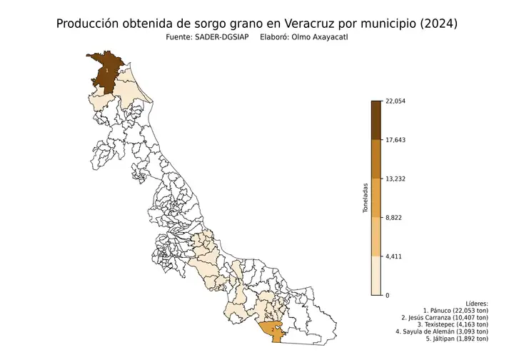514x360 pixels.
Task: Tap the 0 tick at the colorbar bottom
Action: (x=388, y=295)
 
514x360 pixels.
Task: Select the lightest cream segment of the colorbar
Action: (x=376, y=276)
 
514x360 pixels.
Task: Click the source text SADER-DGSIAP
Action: (x=220, y=37)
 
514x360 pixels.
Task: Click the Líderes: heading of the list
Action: (x=475, y=304)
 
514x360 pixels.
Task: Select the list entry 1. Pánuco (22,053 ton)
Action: (x=455, y=312)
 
